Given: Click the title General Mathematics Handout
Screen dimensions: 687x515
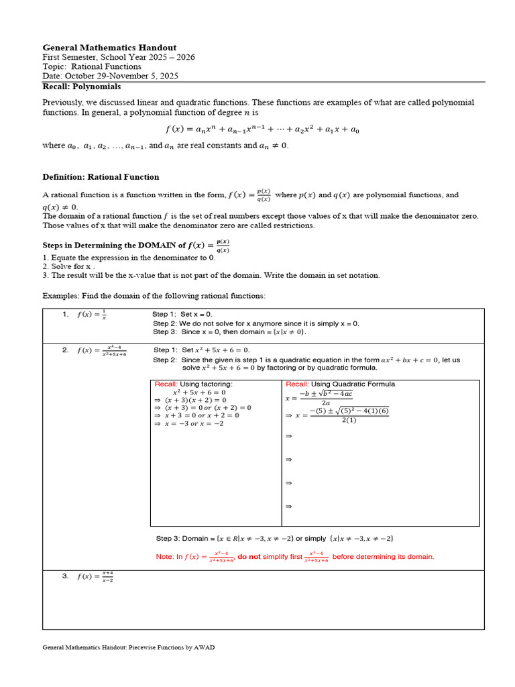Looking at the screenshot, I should point(109,48).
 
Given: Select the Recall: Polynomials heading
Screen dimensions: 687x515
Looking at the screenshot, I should point(82,87).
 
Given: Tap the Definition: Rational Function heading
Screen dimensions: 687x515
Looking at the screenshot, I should point(101,177).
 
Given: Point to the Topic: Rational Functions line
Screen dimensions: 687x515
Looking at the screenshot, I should point(92,66).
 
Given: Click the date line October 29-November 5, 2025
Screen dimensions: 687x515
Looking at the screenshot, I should point(110,76).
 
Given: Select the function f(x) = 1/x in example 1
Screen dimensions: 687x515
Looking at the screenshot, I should point(92,315).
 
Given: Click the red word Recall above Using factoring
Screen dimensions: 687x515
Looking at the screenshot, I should point(166,384).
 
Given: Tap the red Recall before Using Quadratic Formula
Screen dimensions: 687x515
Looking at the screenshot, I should point(297,384).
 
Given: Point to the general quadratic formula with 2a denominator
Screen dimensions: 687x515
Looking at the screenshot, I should point(319,397).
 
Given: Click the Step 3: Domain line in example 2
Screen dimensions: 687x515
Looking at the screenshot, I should point(274,539).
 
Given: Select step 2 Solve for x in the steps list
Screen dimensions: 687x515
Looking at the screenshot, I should point(67,266).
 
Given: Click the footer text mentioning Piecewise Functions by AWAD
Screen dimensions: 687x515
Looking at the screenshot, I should point(129,647).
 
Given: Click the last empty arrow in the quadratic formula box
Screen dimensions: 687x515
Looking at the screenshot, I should point(289,507).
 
